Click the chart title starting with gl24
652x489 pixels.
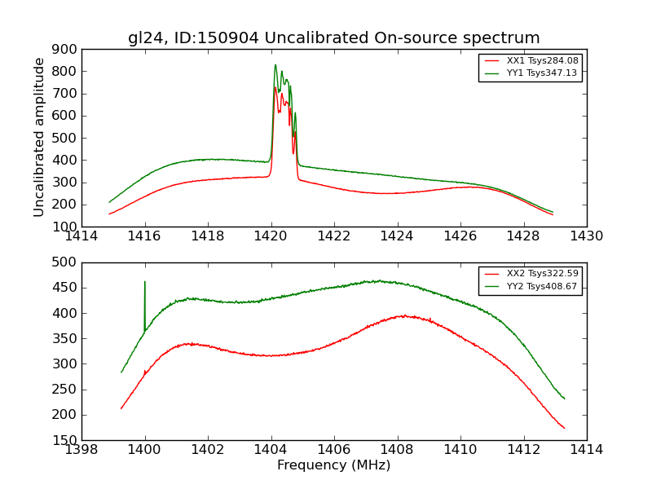333,38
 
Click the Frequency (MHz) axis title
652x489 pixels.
333,465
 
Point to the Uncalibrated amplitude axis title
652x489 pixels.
39,137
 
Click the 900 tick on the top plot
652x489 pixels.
66,49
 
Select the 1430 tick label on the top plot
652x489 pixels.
586,236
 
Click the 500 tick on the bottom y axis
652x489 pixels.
66,262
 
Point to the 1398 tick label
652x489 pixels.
81,450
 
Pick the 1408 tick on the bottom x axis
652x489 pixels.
397,450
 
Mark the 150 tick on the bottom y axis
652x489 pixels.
66,440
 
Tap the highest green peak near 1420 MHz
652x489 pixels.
275,65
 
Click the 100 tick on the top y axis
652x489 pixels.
66,227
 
